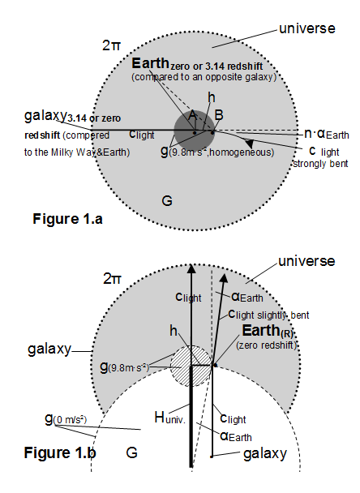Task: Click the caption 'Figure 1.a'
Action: point(67,219)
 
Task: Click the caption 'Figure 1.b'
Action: point(60,452)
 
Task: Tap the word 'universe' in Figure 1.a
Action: point(307,28)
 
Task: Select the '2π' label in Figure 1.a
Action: point(111,45)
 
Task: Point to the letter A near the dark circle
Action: point(192,116)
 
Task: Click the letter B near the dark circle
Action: point(219,115)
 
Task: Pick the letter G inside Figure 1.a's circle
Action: point(167,200)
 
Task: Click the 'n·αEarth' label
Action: point(327,134)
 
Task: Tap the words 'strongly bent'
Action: point(321,164)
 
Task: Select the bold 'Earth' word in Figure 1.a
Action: point(150,63)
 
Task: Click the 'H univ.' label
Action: point(170,418)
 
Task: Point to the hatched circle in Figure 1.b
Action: point(191,366)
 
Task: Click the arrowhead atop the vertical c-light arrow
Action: point(191,268)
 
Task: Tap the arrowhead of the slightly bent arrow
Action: point(224,278)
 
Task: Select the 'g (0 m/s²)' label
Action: point(66,419)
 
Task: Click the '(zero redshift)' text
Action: point(267,345)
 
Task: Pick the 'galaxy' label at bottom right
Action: point(265,454)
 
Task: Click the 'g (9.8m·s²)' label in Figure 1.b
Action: point(124,367)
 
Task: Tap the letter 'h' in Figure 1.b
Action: point(174,331)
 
